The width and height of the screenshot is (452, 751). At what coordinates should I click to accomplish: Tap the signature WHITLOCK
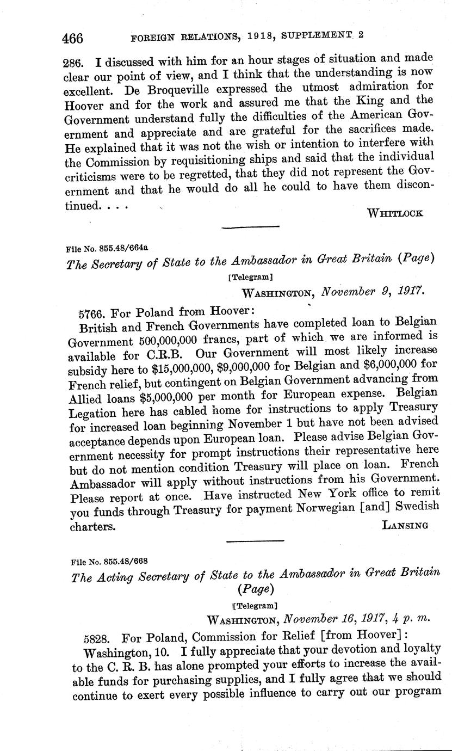395,213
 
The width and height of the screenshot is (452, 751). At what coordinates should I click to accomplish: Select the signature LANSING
405,525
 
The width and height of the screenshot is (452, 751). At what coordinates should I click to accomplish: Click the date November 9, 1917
373,292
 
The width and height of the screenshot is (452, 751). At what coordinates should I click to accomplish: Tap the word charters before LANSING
92,527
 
